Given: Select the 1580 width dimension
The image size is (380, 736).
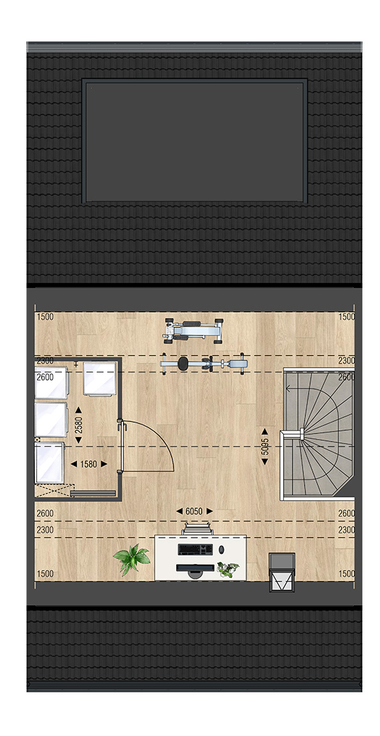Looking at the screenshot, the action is pos(88,464).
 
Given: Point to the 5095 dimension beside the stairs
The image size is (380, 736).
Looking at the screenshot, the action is pos(265,446).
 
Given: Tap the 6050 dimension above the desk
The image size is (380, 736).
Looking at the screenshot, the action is pos(194,511).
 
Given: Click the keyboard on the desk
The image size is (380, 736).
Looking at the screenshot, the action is pos(195,548).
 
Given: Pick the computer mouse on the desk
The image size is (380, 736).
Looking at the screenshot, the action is pos(222,548).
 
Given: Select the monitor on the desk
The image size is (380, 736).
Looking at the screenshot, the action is pos(194,569).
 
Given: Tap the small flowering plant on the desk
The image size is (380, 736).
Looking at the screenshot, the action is pos(228,569).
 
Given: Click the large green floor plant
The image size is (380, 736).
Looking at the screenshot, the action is pos(132,559).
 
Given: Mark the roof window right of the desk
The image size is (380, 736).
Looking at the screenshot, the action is pos(281,572).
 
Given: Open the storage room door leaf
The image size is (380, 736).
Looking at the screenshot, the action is pos(122,446).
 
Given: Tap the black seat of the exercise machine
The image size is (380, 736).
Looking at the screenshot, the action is pos(183,364).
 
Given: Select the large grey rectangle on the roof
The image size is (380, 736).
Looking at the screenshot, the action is pos(194,141).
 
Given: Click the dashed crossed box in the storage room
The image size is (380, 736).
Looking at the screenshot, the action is pos(52,491).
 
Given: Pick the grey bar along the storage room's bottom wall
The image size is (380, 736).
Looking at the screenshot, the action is pos(93,493).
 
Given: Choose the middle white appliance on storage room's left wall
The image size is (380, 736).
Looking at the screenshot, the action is pos(51,419).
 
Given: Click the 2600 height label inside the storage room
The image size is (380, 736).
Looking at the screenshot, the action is pos(45,377).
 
